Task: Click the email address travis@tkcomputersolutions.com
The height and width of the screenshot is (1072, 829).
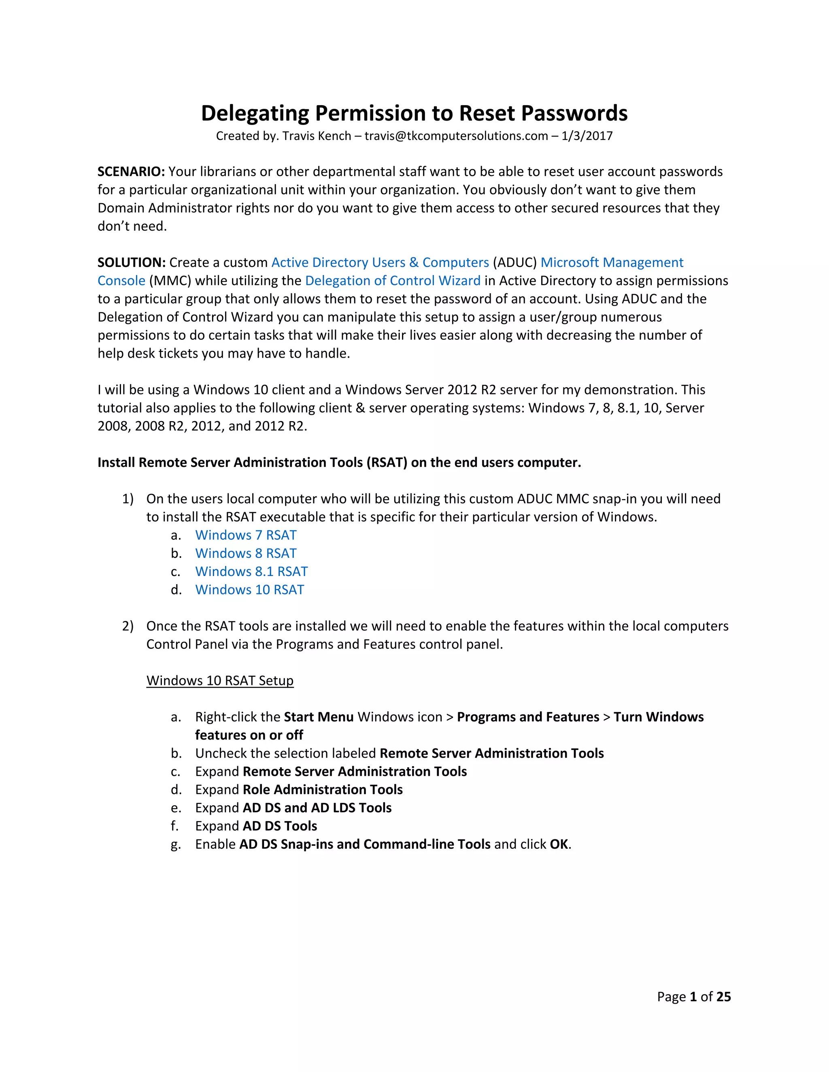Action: tap(456, 136)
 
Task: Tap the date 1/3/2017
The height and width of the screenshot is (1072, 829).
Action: tap(587, 136)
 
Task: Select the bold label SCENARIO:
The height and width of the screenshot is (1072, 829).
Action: tap(131, 172)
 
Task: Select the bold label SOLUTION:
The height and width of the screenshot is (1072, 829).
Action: tap(131, 263)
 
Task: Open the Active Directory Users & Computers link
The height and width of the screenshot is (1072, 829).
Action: tap(380, 263)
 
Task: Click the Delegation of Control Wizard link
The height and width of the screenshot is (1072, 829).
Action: tap(392, 281)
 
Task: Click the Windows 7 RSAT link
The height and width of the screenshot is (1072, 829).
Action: tap(246, 535)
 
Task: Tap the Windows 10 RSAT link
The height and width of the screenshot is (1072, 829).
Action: tap(249, 589)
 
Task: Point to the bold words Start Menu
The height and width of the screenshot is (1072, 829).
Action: tap(318, 717)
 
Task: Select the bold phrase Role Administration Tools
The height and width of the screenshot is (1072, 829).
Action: tap(322, 790)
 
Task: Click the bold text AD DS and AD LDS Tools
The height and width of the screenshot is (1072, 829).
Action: tap(317, 808)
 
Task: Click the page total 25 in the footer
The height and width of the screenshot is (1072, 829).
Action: tap(723, 997)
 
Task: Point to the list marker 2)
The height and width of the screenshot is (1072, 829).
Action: tap(128, 626)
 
